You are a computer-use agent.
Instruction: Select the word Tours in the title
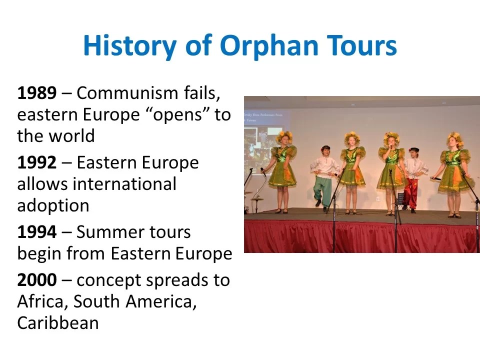point(361,45)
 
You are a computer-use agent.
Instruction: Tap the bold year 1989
point(37,93)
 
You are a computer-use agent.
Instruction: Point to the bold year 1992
point(37,163)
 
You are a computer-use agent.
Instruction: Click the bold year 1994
point(37,232)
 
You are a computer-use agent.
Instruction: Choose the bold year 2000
point(37,280)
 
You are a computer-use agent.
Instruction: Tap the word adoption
point(53,205)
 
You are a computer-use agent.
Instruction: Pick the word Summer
point(107,232)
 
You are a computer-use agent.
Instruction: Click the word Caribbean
point(58,323)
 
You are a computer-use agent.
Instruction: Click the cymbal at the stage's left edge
point(256,199)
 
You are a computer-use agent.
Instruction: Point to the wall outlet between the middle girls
point(377,198)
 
